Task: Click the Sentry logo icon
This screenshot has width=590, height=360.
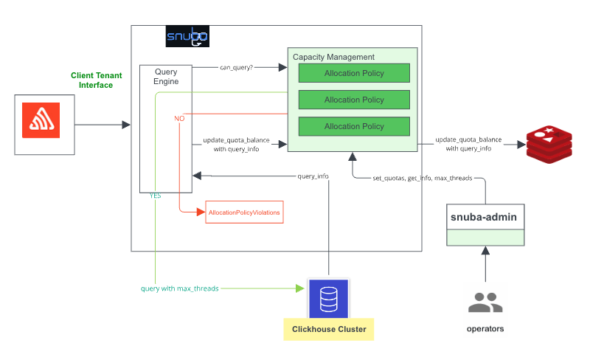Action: [44, 124]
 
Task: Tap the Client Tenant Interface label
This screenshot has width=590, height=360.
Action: [96, 80]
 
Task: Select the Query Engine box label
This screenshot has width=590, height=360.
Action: [166, 77]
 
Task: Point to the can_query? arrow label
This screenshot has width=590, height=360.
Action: [236, 67]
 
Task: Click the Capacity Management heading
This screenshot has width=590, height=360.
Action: [333, 57]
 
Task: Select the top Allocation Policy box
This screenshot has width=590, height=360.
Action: [354, 73]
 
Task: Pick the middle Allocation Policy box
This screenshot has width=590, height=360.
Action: [354, 100]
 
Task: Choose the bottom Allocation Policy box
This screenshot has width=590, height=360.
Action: [354, 126]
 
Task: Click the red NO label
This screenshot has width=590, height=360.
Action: [179, 118]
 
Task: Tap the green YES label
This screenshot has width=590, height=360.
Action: [156, 195]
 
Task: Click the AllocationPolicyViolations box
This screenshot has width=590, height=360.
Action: [244, 212]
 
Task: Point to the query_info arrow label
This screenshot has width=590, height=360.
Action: [313, 176]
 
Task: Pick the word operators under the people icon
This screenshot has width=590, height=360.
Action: [485, 328]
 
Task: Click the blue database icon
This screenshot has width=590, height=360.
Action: [329, 298]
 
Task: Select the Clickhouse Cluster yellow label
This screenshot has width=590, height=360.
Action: [329, 328]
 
